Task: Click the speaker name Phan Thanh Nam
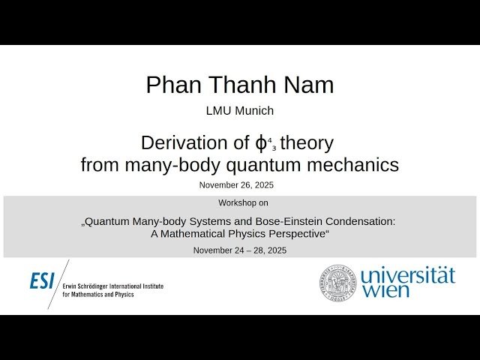(240, 85)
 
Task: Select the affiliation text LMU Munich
(240, 111)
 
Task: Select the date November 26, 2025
(240, 184)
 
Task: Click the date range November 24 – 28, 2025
(240, 250)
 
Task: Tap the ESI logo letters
(43, 281)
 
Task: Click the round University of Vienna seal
(337, 282)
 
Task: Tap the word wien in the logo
(386, 290)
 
